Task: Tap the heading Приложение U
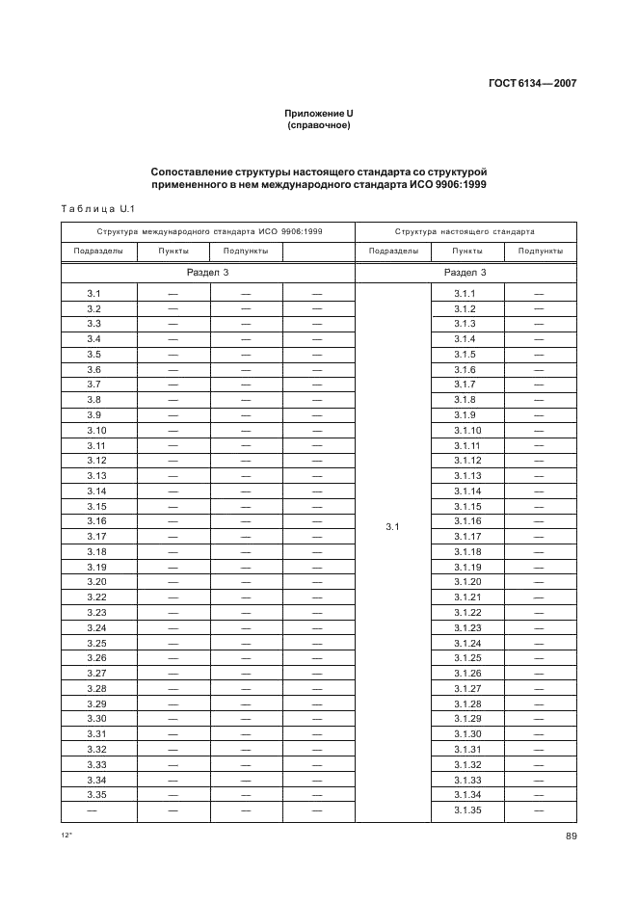[x=318, y=114]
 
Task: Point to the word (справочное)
[x=318, y=125]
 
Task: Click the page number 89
[x=571, y=836]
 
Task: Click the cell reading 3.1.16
[x=466, y=520]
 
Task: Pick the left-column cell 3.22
[x=96, y=597]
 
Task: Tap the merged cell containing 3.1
[x=392, y=527]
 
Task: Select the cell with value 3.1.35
[x=466, y=809]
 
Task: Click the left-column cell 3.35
[x=96, y=794]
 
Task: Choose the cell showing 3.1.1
[x=466, y=293]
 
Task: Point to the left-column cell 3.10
[x=96, y=430]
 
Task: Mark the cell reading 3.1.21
[x=466, y=597]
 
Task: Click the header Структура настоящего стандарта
[x=465, y=232]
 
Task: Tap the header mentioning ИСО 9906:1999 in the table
[x=208, y=232]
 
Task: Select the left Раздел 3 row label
[x=208, y=273]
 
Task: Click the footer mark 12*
[x=66, y=836]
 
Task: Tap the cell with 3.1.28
[x=466, y=703]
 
